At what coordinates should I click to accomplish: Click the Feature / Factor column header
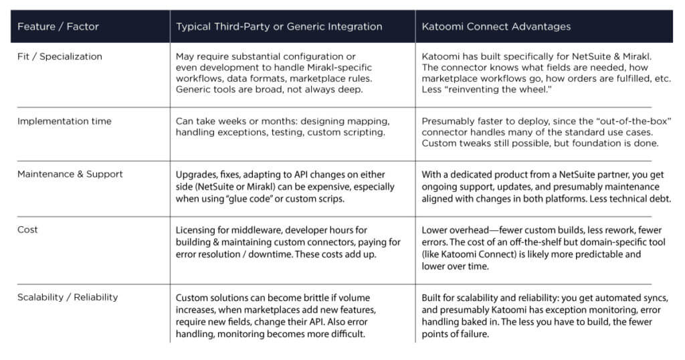coord(58,27)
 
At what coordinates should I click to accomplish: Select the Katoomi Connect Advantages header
coord(496,27)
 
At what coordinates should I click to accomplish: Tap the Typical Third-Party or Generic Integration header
coord(279,27)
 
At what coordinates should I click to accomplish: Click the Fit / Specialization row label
coord(60,57)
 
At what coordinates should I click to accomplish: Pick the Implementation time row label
coord(64,122)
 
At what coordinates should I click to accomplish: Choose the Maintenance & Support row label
coord(70,174)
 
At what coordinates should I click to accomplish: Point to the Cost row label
coord(27,230)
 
